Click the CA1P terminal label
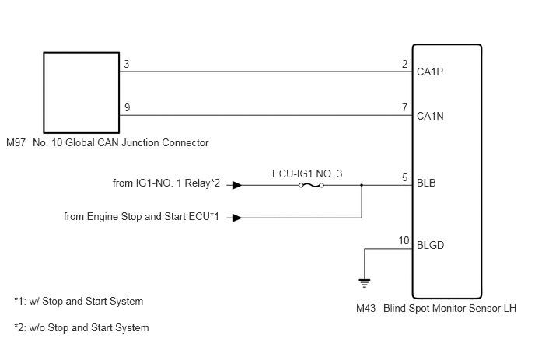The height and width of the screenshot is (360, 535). (430, 72)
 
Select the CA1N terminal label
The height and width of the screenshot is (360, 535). (430, 117)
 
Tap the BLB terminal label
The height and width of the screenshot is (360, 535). (426, 183)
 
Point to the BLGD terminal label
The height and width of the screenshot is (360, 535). (430, 246)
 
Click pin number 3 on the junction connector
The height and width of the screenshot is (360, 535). (127, 65)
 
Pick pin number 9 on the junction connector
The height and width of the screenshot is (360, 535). (127, 108)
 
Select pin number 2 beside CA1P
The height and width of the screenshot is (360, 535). (404, 65)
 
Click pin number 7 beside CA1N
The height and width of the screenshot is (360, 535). (404, 108)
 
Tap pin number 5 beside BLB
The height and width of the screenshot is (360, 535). (404, 178)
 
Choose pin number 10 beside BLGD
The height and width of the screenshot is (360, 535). (404, 241)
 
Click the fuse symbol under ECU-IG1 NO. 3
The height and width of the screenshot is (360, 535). (311, 185)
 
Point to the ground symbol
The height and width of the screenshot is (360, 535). (365, 283)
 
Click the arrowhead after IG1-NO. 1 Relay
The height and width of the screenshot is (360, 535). (237, 185)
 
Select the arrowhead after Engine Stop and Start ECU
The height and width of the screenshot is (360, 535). (237, 218)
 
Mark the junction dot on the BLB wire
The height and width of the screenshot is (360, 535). (362, 185)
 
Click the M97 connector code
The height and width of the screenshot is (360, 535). (16, 142)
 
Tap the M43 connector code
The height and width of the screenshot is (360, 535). (365, 309)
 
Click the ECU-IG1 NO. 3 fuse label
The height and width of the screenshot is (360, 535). (307, 173)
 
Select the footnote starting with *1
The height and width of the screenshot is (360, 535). (79, 302)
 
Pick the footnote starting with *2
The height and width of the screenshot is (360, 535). (82, 328)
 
